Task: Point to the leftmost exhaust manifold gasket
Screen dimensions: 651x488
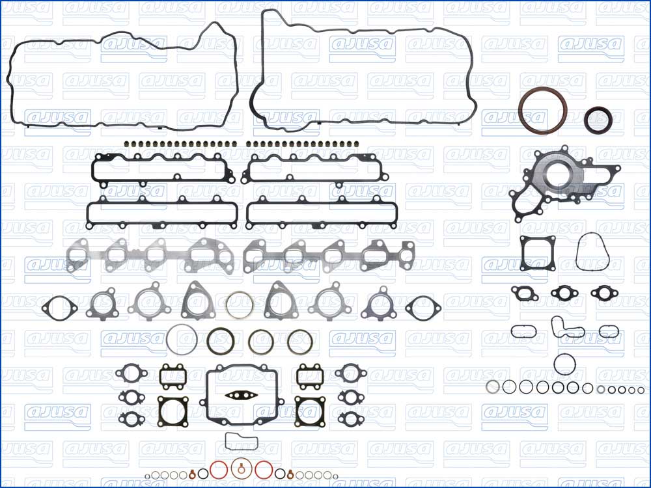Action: (x=78, y=256)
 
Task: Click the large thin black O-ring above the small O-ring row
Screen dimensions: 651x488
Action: (x=564, y=364)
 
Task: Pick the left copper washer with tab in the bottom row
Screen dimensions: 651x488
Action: (x=193, y=472)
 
